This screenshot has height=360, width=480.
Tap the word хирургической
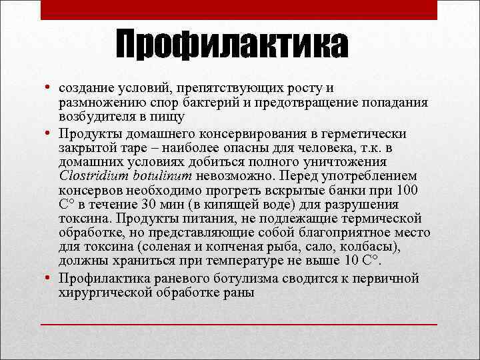click(x=101, y=293)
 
